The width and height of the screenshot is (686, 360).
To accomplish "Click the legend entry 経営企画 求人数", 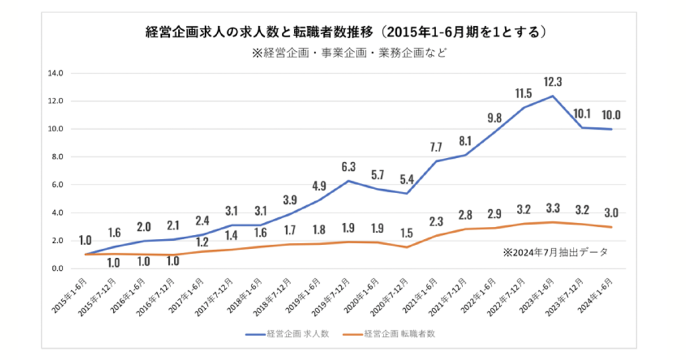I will coord(289,334).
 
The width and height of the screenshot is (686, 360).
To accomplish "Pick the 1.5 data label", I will coord(407,233).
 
